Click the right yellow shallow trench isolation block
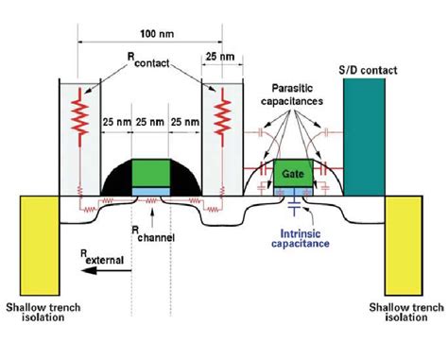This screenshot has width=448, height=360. pos(409,237)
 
